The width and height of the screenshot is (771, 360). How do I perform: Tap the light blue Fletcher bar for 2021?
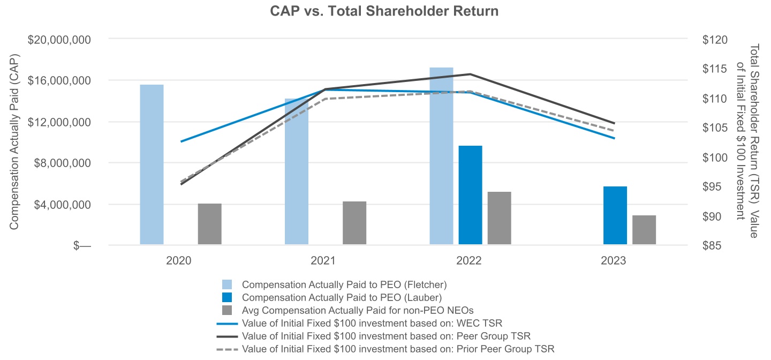296,171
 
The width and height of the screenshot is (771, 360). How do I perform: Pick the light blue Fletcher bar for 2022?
441,156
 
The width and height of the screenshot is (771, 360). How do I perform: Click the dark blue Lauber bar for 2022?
470,195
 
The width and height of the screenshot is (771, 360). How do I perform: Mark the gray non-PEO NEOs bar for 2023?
644,230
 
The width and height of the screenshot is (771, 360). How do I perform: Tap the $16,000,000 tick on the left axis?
60,80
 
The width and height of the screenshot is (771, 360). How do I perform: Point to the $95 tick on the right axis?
715,187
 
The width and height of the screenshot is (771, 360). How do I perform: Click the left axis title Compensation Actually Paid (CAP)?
14,141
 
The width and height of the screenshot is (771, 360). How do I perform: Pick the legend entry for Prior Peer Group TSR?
398,349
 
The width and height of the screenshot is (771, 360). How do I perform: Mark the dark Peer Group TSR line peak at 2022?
470,74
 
